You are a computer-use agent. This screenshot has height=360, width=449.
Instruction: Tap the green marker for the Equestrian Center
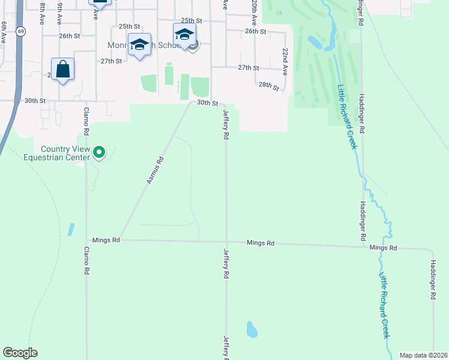(x=100, y=153)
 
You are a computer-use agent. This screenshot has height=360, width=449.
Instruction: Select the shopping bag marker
(x=63, y=70)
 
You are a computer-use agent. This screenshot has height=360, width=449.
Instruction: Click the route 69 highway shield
(x=21, y=31)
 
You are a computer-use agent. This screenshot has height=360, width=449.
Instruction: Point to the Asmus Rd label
(x=155, y=170)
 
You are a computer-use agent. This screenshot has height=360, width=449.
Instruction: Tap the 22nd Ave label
(x=285, y=60)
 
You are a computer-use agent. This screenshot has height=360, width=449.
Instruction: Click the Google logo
(x=20, y=353)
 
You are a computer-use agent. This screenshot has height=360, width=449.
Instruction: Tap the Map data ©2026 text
(x=423, y=355)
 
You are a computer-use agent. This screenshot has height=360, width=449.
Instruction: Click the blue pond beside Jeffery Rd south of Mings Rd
(x=252, y=329)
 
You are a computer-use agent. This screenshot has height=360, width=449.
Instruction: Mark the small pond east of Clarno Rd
(x=72, y=229)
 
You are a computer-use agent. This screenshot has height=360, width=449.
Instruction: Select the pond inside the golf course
(x=315, y=42)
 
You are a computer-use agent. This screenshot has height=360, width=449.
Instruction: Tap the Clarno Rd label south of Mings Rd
(x=87, y=260)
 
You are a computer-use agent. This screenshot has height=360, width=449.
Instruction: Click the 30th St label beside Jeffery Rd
(x=208, y=103)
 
